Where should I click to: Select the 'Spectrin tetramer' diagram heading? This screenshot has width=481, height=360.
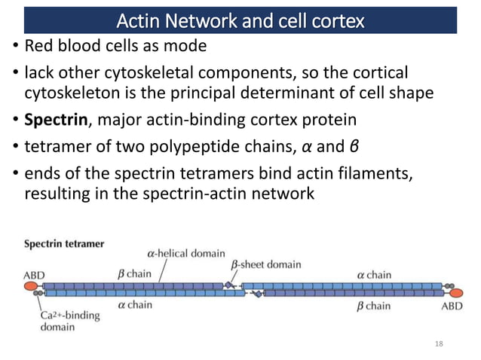pos(64,244)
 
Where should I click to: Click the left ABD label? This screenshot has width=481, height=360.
pos(33,275)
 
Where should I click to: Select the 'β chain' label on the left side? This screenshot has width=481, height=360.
pos(133,274)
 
